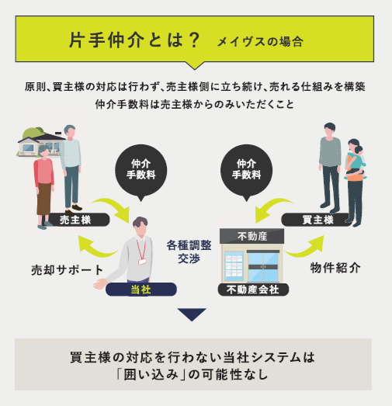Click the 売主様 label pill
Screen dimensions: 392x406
tap(78, 220)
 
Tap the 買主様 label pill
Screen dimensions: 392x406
tap(317, 220)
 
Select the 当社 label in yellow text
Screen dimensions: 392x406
tap(140, 290)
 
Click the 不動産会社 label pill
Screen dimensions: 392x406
tap(253, 290)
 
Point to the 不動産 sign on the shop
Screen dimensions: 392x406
tap(252, 236)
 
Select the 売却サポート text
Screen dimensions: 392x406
tap(68, 270)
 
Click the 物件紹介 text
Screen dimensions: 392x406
tap(335, 268)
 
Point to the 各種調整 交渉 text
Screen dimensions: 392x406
tap(189, 252)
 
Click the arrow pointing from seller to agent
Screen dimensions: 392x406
tap(114, 207)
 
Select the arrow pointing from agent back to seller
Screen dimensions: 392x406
tap(95, 248)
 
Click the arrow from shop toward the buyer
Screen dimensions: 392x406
tap(307, 248)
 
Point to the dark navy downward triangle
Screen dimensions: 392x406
tap(192, 314)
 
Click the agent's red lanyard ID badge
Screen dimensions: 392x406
tap(142, 262)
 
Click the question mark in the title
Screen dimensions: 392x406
tap(194, 40)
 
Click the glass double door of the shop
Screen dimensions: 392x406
tap(263, 266)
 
